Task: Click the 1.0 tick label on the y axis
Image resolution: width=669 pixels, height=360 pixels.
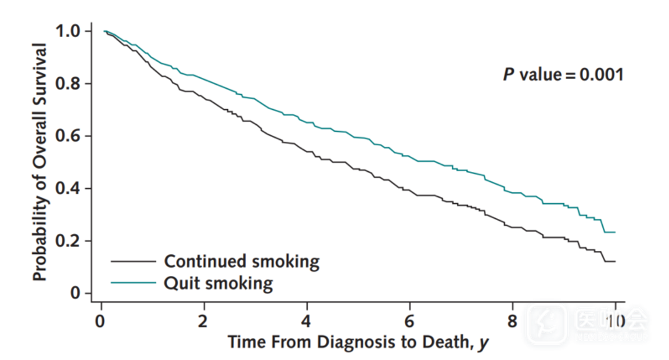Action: click(69, 31)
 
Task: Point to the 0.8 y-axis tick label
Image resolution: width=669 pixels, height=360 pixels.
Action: click(69, 84)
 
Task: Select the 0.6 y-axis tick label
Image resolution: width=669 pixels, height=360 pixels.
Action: click(69, 136)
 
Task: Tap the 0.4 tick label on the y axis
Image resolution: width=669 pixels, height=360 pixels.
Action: click(69, 189)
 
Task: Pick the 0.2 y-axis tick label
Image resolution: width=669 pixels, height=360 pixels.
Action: click(69, 241)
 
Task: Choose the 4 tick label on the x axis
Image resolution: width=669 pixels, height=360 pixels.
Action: click(307, 321)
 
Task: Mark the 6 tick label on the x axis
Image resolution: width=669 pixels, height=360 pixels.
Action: click(410, 321)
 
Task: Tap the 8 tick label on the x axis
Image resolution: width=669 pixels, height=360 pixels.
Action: click(513, 321)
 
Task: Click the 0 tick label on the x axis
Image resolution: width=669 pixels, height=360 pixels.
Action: click(101, 321)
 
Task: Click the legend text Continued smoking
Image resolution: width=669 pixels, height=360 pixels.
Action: click(242, 261)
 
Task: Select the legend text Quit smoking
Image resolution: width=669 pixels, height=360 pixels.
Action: click(218, 283)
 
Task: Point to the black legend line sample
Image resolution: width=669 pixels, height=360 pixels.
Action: click(133, 261)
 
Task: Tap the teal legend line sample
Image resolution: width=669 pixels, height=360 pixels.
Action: click(133, 283)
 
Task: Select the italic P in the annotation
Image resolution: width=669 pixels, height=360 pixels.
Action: click(508, 75)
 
